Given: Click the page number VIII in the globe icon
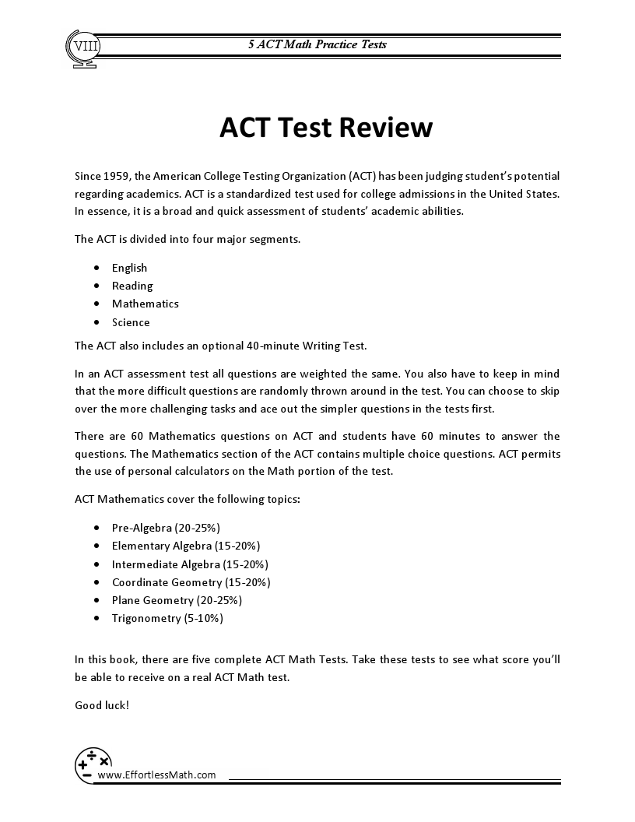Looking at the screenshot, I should pyautogui.click(x=80, y=46).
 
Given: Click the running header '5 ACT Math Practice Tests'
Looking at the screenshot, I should pyautogui.click(x=317, y=44).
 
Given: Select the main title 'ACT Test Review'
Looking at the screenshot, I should pyautogui.click(x=325, y=127).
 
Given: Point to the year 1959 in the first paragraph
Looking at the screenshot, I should pyautogui.click(x=117, y=177).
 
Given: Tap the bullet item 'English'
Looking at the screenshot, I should pyautogui.click(x=129, y=268).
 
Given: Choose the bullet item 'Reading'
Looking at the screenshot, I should pyautogui.click(x=132, y=286).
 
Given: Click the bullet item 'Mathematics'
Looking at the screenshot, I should pyautogui.click(x=145, y=304).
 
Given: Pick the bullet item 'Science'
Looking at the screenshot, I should pyautogui.click(x=131, y=322).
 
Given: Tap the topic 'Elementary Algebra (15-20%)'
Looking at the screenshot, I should pyautogui.click(x=185, y=546).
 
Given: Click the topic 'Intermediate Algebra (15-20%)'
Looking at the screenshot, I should pyautogui.click(x=190, y=564).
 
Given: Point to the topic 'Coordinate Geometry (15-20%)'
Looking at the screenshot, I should pyautogui.click(x=191, y=582).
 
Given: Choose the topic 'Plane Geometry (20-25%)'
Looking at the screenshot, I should pyautogui.click(x=177, y=600).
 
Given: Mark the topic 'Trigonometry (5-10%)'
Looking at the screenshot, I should pyautogui.click(x=167, y=619).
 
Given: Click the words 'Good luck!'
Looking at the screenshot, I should pyautogui.click(x=102, y=704).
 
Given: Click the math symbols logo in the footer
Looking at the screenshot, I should pyautogui.click(x=93, y=764).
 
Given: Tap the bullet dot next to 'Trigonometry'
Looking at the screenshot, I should pyautogui.click(x=96, y=619).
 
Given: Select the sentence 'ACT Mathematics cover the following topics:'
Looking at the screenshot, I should pyautogui.click(x=187, y=499).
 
